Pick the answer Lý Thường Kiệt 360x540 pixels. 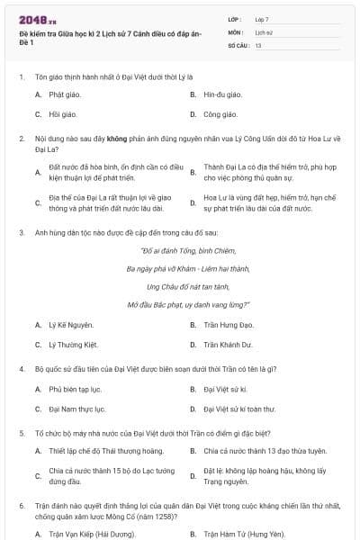[x=73, y=344]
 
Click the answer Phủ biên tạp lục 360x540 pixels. [x=75, y=389]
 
